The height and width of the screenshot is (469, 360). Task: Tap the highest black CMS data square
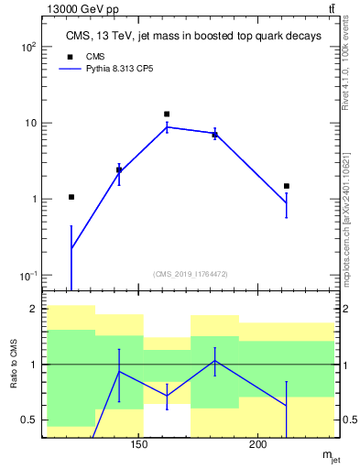[x=167, y=115]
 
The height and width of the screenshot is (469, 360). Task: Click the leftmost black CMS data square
[x=71, y=197]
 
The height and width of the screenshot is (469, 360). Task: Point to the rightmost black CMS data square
[x=287, y=186]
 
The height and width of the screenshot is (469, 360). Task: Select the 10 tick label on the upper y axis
[x=30, y=123]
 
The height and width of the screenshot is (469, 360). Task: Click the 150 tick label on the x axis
[x=138, y=445]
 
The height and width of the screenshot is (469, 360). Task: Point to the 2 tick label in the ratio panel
[x=34, y=310]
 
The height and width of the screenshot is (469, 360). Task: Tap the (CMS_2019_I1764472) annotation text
[x=191, y=273]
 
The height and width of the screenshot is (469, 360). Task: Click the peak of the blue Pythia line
[x=167, y=127]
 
